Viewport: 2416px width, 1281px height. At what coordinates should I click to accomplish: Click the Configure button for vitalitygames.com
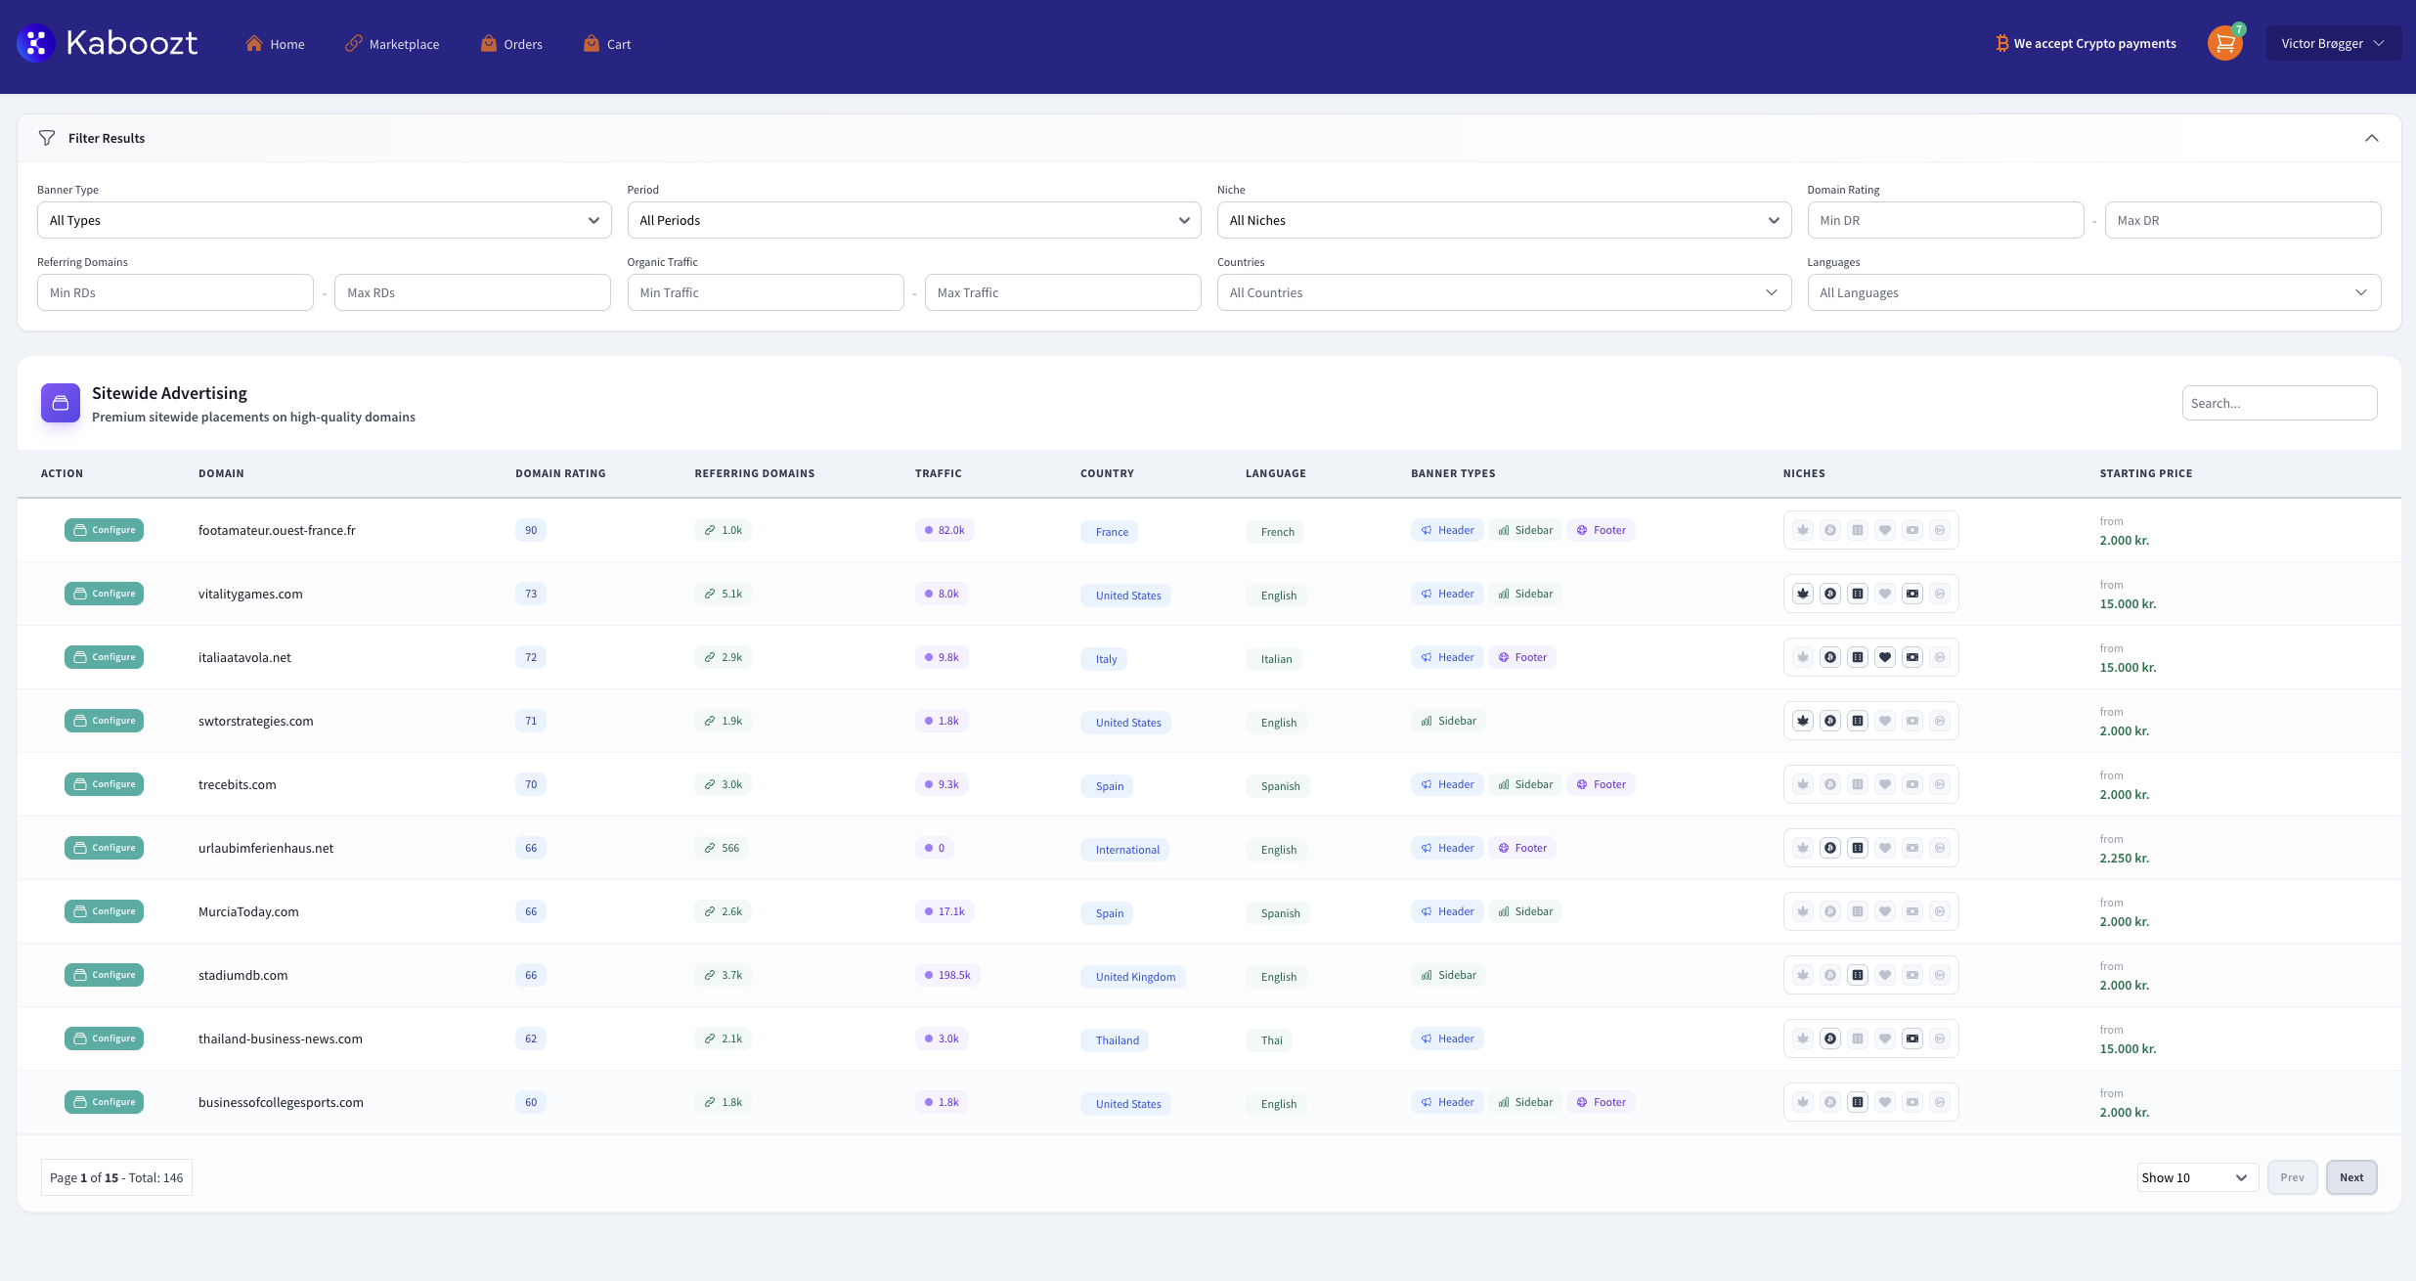(x=104, y=594)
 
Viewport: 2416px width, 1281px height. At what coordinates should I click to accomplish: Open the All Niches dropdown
(x=1503, y=220)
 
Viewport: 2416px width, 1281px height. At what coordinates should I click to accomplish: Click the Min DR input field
(x=1944, y=220)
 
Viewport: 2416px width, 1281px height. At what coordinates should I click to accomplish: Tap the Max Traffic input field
(x=1062, y=292)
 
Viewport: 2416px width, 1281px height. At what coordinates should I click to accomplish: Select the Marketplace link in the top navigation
(x=392, y=44)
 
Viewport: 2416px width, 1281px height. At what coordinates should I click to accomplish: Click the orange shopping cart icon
(x=2224, y=43)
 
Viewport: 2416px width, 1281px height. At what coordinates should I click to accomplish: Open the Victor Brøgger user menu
(x=2332, y=43)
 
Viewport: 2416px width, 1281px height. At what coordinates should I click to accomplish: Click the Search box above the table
(x=2278, y=403)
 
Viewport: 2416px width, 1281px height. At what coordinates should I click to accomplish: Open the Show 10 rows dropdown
(x=2195, y=1177)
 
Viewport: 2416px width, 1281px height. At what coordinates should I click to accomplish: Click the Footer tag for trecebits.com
(x=1601, y=784)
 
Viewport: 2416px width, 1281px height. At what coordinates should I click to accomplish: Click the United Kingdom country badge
(x=1133, y=977)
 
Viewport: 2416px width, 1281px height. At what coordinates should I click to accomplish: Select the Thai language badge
(x=1270, y=1040)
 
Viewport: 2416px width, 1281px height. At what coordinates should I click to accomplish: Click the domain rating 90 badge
(x=530, y=530)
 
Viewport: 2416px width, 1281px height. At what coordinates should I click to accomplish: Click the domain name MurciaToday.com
(x=248, y=911)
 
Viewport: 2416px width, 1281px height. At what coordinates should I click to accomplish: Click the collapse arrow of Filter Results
(x=2371, y=138)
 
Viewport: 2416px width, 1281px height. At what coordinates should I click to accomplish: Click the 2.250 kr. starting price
(x=2124, y=858)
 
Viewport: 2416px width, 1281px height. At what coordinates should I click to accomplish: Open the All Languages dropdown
(x=2092, y=292)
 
